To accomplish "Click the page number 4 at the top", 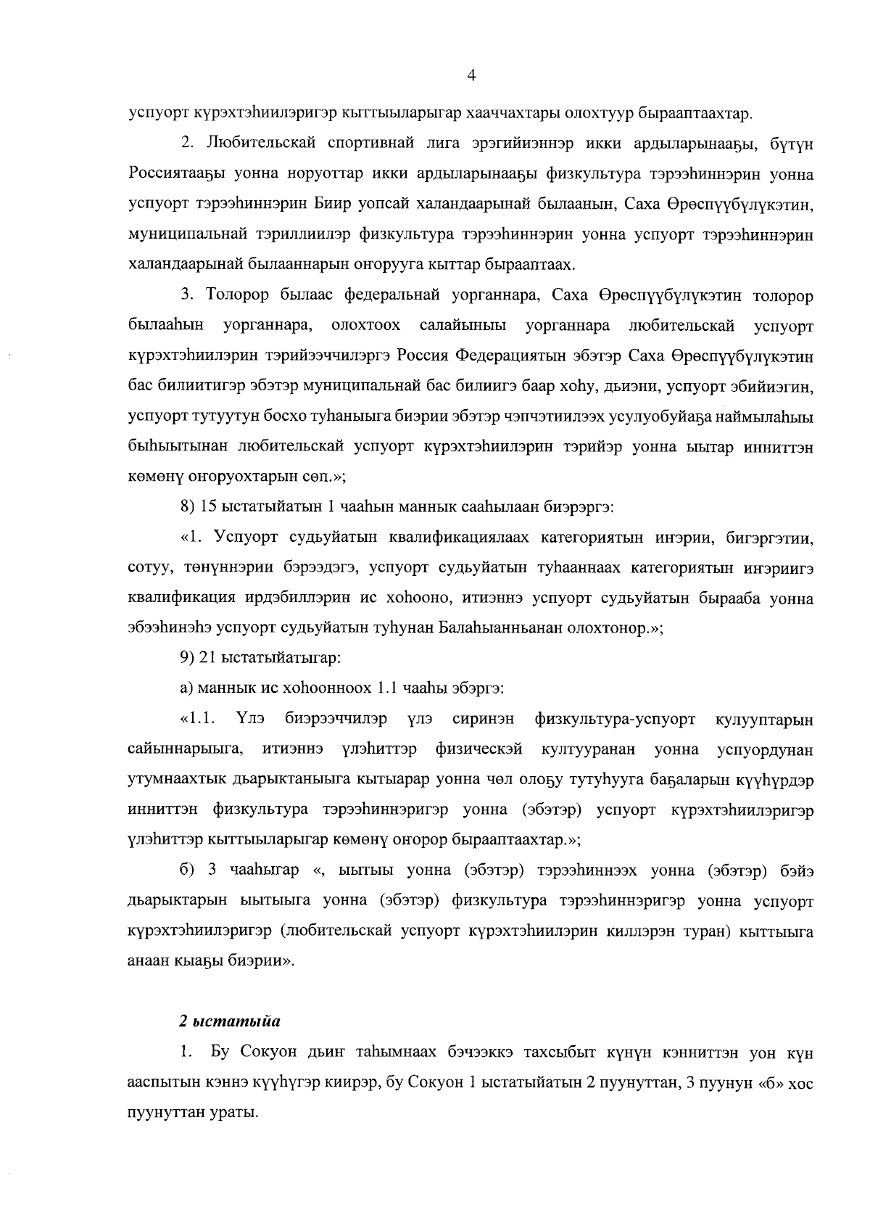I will (x=471, y=75).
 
